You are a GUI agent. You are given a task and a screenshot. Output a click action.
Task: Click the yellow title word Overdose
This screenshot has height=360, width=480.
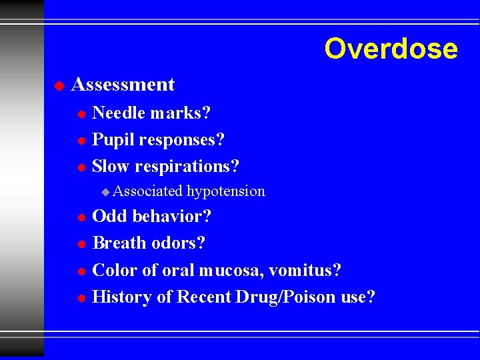(x=391, y=49)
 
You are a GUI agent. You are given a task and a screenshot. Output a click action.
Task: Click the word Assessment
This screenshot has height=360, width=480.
(x=123, y=85)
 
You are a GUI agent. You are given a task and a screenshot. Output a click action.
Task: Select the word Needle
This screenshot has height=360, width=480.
(x=119, y=113)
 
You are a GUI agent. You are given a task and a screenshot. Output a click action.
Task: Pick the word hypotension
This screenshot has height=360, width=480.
(x=226, y=191)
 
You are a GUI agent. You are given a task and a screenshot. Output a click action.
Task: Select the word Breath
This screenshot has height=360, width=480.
(x=117, y=243)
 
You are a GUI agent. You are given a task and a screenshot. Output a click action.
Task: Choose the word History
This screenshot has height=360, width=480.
(x=123, y=297)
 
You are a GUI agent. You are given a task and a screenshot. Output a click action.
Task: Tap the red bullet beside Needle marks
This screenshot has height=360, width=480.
(x=81, y=114)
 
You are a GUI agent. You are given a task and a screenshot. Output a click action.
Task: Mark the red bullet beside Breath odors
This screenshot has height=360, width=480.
(x=81, y=244)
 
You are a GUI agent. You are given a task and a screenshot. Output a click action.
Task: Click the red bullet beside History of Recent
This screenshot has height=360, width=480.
(x=81, y=298)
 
